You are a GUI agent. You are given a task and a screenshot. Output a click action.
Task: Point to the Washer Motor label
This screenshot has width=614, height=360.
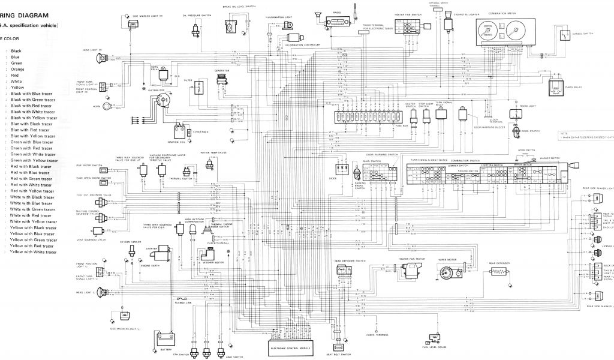click(213, 262)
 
